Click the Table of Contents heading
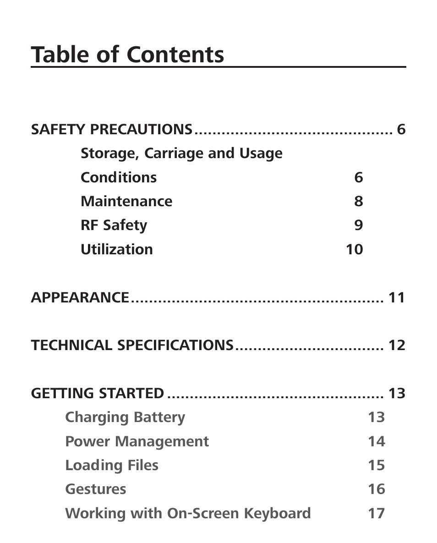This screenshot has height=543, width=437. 127,55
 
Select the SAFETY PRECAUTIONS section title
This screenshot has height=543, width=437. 111,129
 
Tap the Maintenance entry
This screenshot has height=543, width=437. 126,201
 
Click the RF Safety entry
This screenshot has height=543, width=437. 114,225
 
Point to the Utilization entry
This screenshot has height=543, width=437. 116,249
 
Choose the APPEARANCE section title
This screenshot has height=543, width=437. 80,297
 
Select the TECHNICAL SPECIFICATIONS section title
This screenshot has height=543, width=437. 132,345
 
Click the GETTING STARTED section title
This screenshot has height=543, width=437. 97,393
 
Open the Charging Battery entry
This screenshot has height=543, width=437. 125,417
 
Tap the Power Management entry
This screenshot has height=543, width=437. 137,441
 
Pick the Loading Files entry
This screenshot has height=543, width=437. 111,465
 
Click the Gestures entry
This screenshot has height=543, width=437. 95,489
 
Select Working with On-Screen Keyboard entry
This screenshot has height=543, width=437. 188,513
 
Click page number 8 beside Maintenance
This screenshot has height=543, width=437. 358,201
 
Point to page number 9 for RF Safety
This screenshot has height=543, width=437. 358,225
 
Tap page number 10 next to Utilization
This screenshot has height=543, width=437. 354,249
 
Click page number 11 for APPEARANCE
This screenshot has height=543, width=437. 397,297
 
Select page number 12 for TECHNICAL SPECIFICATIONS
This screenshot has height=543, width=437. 397,345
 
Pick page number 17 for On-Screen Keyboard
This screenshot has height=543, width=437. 376,513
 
